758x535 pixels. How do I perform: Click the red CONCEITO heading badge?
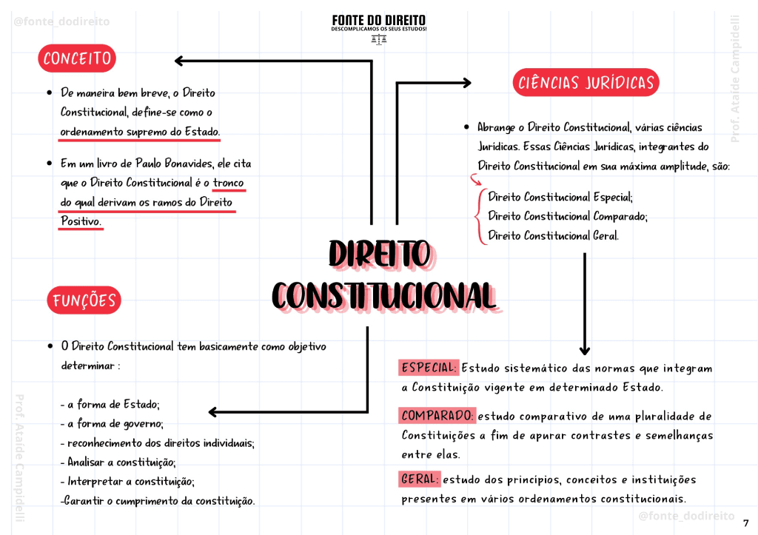[x=77, y=58]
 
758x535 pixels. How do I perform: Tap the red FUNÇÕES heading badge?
[x=84, y=300]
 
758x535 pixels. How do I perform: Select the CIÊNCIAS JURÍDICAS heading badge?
[x=586, y=82]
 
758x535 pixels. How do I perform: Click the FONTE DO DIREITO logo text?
[x=378, y=20]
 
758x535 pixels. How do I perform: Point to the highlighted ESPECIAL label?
[x=429, y=368]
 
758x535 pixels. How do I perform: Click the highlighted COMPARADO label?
[x=437, y=416]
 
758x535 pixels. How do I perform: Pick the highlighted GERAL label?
[x=419, y=479]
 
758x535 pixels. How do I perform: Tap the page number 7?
[x=746, y=523]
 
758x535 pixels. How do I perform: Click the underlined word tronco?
[x=229, y=183]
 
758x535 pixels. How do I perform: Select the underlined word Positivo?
[x=81, y=221]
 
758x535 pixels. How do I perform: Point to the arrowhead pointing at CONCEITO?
[x=179, y=61]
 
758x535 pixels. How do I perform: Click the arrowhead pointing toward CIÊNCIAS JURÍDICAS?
[x=467, y=83]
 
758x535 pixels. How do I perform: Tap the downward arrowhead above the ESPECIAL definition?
[x=585, y=351]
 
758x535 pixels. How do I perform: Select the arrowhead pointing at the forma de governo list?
[x=212, y=411]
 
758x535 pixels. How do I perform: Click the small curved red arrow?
[x=476, y=180]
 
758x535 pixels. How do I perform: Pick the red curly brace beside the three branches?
[x=480, y=217]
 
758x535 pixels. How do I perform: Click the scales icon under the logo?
[x=379, y=40]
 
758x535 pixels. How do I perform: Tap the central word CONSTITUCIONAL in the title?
[x=384, y=295]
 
